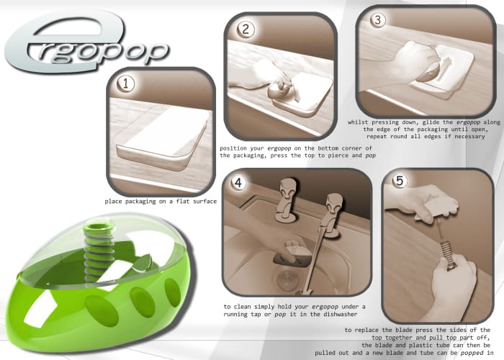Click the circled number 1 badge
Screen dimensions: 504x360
126,84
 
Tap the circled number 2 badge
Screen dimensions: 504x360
246,30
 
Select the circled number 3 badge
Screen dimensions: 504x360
377,20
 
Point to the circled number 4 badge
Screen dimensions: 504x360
238,183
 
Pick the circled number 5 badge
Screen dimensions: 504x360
400,181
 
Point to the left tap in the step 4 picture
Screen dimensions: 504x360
286,200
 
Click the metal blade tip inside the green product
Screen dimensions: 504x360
143,261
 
